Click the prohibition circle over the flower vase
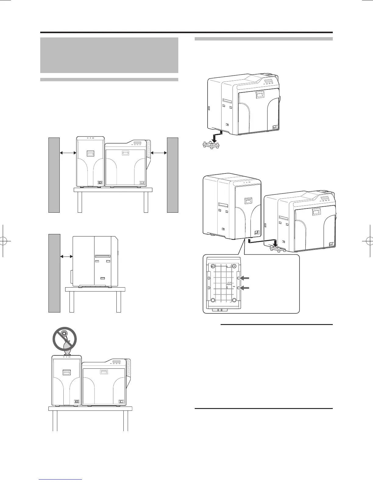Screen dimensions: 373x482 pos(64,339)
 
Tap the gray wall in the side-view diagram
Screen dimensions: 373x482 pos(54,273)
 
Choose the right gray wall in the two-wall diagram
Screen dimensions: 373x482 pos(172,175)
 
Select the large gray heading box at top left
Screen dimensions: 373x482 pos(109,55)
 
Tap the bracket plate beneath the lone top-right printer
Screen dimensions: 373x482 pos(211,145)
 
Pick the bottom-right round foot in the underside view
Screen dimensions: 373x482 pos(234,300)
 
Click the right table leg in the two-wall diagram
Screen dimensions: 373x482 pos(146,202)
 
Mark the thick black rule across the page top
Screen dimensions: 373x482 pos(186,33)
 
